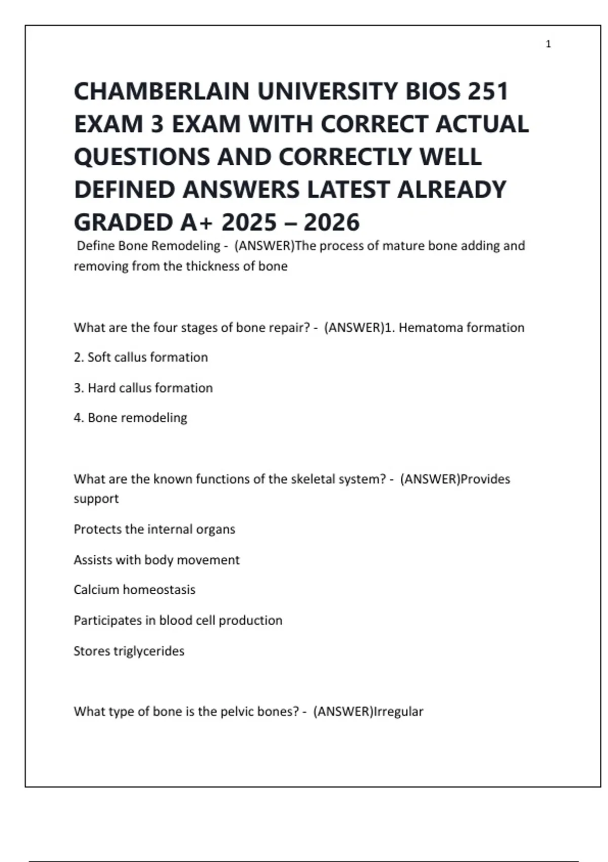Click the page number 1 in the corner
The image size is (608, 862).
point(548,44)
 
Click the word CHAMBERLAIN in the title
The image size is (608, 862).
point(162,92)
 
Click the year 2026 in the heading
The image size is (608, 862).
point(332,223)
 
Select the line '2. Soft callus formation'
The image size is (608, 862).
point(141,357)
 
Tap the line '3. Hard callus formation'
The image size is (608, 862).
point(143,388)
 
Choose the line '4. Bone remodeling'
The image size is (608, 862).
point(130,418)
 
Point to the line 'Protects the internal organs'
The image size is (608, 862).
point(155,529)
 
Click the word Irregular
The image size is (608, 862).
point(398,711)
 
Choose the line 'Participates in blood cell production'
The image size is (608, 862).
point(178,620)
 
